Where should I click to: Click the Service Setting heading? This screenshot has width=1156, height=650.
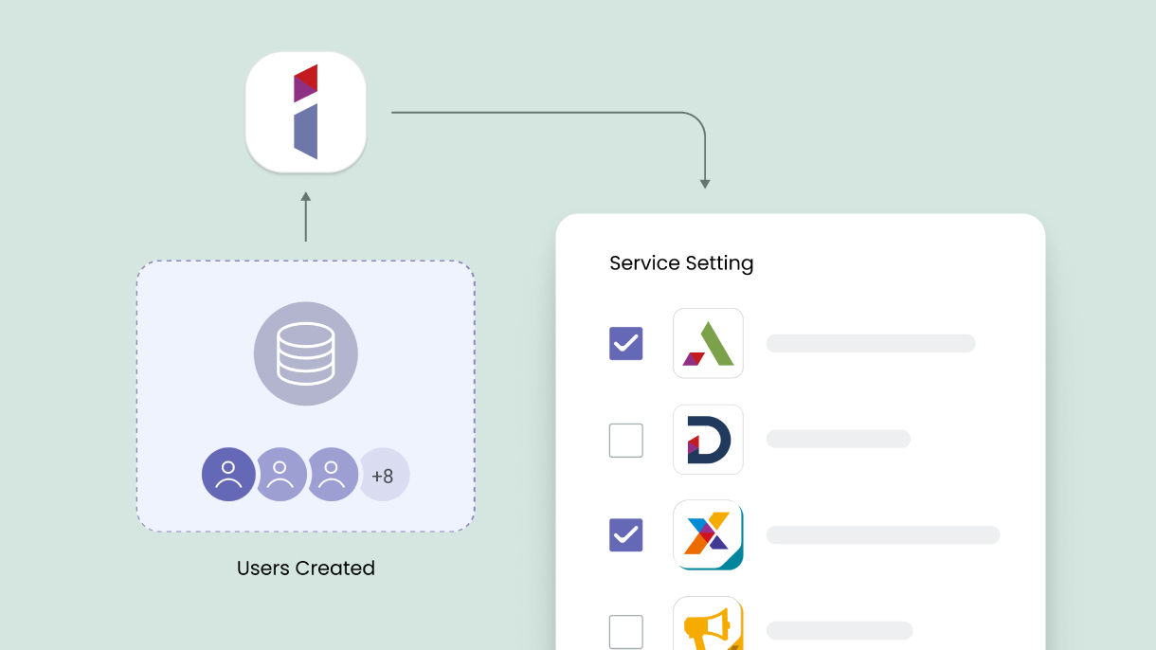click(x=681, y=263)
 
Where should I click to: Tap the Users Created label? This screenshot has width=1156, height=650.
click(x=305, y=569)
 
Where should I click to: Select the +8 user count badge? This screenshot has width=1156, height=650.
click(x=383, y=475)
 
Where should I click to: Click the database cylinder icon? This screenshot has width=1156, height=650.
click(x=305, y=353)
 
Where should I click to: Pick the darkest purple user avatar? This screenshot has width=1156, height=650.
click(x=228, y=475)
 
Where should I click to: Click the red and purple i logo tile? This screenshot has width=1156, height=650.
click(x=305, y=112)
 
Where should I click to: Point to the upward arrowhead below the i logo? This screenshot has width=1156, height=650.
click(x=305, y=198)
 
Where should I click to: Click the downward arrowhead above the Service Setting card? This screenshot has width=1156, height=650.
click(x=705, y=182)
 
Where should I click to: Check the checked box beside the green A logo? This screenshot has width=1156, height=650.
click(x=625, y=343)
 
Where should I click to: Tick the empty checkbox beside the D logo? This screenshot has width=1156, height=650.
click(x=625, y=440)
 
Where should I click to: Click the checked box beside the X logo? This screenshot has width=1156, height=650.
click(x=625, y=535)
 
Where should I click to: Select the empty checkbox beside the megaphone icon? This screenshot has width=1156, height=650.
click(x=625, y=631)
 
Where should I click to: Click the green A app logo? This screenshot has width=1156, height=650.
click(x=708, y=343)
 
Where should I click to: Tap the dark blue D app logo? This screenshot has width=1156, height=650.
click(x=708, y=440)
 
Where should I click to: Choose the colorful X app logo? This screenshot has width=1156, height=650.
click(x=708, y=535)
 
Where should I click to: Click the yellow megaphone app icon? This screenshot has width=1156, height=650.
click(x=708, y=625)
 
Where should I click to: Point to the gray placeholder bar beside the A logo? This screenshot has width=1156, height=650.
click(x=870, y=343)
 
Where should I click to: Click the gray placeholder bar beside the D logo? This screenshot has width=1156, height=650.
click(x=838, y=440)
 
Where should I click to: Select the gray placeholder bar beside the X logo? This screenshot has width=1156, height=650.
click(x=882, y=535)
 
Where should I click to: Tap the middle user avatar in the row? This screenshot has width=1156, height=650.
click(x=280, y=475)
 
